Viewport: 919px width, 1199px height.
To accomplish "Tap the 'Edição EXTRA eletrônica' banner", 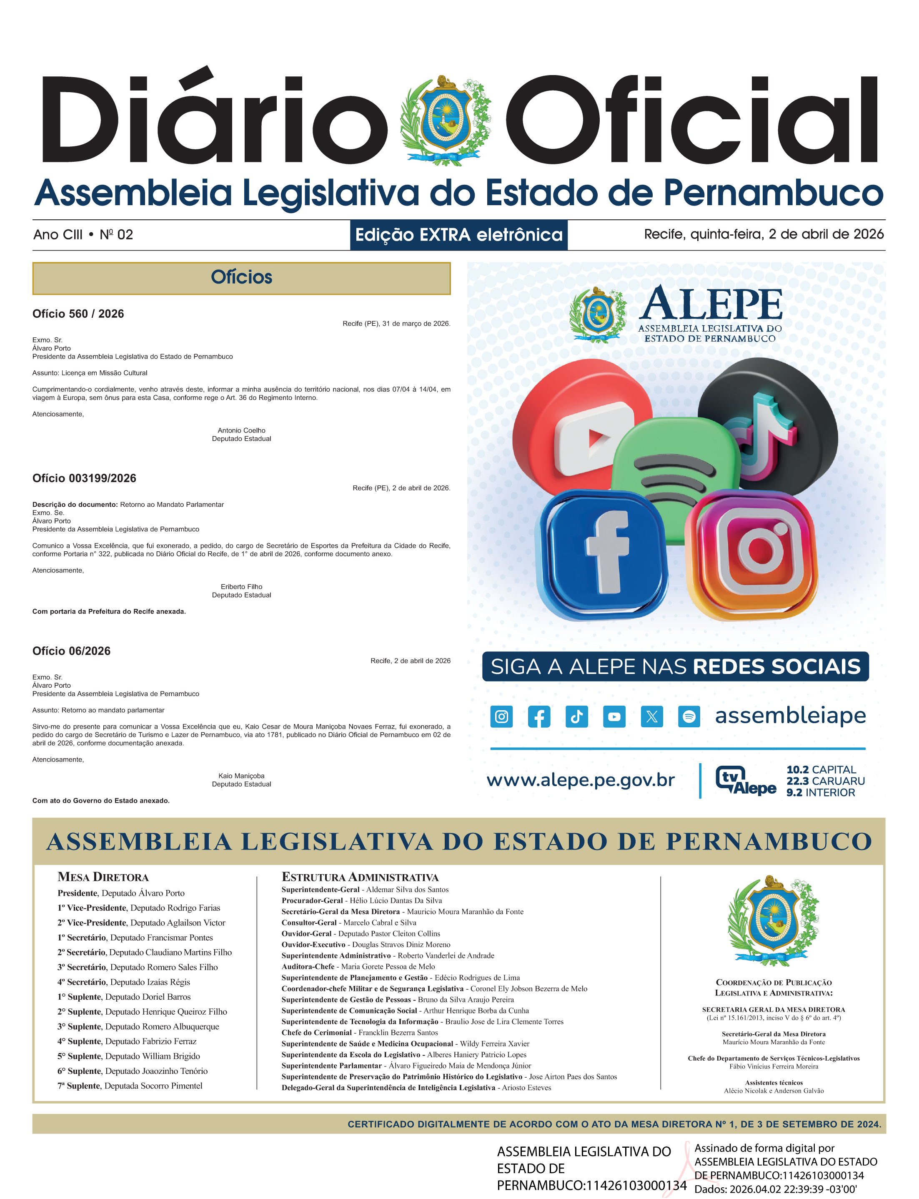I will pyautogui.click(x=458, y=235).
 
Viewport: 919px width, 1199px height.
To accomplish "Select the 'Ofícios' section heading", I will pyautogui.click(x=241, y=277).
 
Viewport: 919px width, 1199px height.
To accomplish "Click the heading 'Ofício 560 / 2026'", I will pyautogui.click(x=78, y=314).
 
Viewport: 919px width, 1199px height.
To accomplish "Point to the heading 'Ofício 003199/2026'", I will pyautogui.click(x=84, y=478).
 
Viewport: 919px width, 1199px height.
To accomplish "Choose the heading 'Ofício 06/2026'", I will pyautogui.click(x=71, y=651).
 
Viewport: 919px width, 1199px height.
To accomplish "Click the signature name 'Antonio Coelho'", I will pyautogui.click(x=241, y=430).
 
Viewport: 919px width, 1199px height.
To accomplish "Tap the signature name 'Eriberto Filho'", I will pyautogui.click(x=241, y=587).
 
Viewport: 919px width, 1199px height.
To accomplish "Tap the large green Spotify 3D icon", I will pyautogui.click(x=676, y=465).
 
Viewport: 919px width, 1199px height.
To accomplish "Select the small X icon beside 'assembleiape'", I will pyautogui.click(x=651, y=716).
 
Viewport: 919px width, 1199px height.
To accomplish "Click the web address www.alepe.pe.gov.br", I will pyautogui.click(x=581, y=780).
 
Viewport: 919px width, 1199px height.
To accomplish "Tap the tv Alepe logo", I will pyautogui.click(x=745, y=780).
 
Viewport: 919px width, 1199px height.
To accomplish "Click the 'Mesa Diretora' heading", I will pyautogui.click(x=103, y=877).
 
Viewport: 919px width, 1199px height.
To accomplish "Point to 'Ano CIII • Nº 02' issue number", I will pyautogui.click(x=83, y=235).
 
